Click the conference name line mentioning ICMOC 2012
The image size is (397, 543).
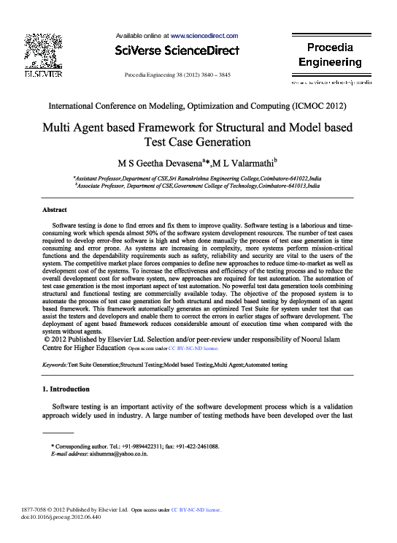pyautogui.click(x=198, y=107)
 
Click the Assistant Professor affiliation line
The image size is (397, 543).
pyautogui.click(x=197, y=178)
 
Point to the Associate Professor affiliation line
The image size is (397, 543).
pyautogui.click(x=197, y=186)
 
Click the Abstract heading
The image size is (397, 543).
pyautogui.click(x=55, y=210)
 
